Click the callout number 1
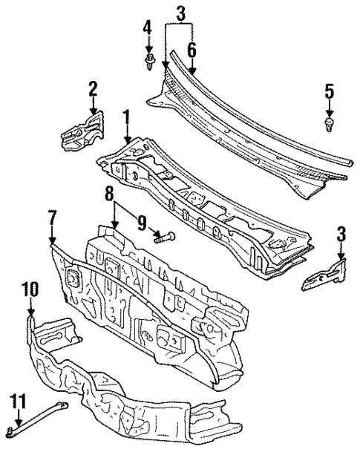click(x=126, y=117)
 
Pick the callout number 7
click(x=52, y=220)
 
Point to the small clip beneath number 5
click(x=330, y=122)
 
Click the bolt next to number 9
click(x=163, y=238)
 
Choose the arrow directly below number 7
click(x=52, y=238)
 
